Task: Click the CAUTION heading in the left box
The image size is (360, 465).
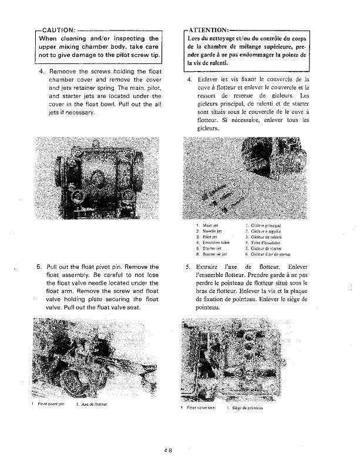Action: click(56, 30)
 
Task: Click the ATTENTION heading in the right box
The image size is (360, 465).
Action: click(208, 30)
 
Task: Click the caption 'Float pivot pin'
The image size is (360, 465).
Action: click(51, 404)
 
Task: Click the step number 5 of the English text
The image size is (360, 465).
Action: click(39, 267)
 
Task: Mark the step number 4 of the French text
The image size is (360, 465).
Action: click(189, 79)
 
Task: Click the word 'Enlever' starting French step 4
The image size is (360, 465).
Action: click(210, 79)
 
